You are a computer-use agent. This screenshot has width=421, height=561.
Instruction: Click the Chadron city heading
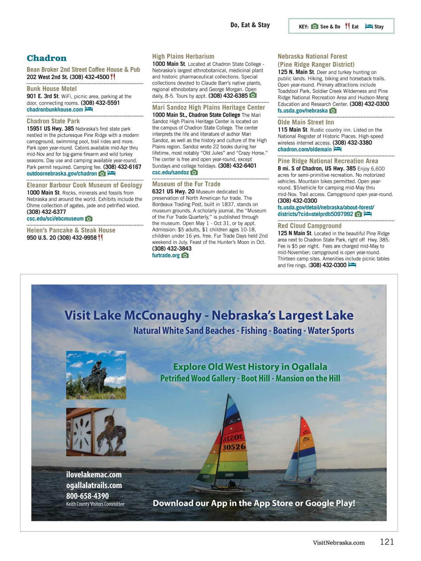47,58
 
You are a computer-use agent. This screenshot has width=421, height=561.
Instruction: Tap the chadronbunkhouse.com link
55,109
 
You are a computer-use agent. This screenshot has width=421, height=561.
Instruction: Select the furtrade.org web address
166,255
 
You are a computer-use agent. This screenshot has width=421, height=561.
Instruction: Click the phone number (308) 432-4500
89,77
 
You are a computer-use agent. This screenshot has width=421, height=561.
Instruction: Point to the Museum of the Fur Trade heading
186,184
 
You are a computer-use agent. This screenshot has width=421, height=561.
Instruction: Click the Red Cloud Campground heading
309,226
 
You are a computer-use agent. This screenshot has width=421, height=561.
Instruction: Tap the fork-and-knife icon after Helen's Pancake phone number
100,237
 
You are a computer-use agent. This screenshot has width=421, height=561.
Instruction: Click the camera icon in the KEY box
315,26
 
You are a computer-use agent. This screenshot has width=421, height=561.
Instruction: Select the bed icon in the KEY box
369,26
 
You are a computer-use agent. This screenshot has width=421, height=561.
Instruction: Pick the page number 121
387,542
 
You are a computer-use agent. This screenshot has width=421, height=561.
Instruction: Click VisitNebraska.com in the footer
339,543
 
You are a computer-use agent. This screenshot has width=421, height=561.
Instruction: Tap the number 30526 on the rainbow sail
234,447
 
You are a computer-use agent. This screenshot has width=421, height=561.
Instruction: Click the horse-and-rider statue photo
96,375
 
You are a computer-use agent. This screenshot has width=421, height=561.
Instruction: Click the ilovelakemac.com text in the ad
94,475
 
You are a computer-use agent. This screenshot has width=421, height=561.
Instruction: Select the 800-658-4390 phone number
88,496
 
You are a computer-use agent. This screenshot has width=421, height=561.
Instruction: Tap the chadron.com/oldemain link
305,149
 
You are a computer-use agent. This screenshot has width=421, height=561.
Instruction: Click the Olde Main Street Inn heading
306,122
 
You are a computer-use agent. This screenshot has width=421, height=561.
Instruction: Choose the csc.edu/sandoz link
171,173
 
